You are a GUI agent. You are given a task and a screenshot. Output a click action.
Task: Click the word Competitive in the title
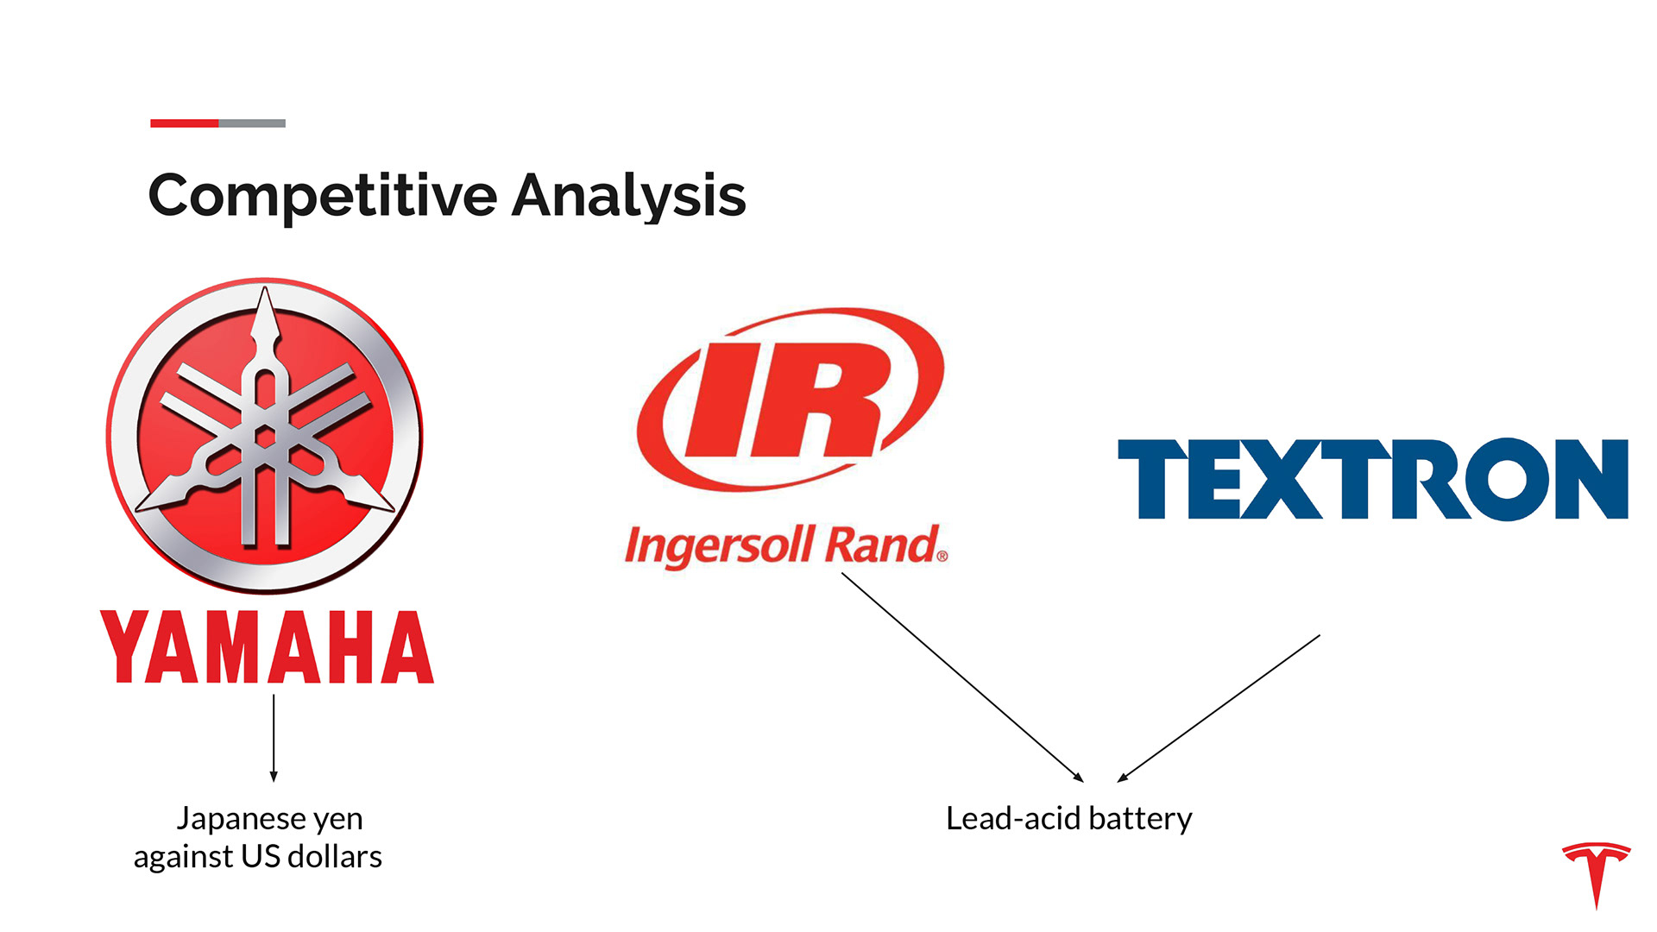[323, 196]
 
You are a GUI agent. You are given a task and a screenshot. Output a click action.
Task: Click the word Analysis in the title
[628, 196]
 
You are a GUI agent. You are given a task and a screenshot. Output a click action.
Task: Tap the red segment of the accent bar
[184, 123]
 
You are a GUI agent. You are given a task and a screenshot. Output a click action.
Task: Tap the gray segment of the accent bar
[252, 123]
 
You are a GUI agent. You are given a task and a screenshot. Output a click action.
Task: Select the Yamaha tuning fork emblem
[265, 435]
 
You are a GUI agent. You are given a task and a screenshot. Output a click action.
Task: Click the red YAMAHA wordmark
[267, 647]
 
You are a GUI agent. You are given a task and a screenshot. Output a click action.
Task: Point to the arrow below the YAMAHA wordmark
[274, 738]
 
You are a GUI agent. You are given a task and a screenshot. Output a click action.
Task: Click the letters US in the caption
[261, 857]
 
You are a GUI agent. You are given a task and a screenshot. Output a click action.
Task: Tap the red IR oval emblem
[790, 399]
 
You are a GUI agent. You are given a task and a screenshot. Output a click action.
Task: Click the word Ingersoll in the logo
[718, 546]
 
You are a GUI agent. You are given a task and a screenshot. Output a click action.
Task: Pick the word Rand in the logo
[881, 546]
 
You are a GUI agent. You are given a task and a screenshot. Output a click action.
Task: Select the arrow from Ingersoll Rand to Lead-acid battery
[961, 677]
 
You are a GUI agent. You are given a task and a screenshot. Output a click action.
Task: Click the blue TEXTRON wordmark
[1372, 479]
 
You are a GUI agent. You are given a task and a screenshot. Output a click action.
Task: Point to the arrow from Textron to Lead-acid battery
[1219, 708]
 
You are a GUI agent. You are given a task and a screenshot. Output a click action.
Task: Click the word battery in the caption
[1140, 818]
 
